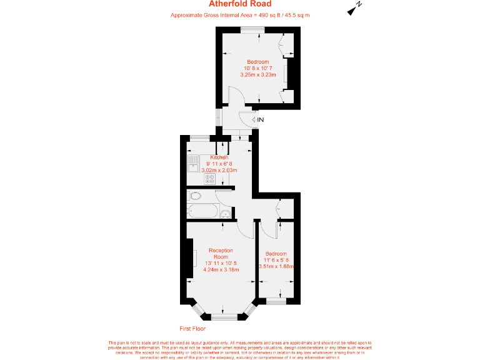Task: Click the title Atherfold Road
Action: pos(240,4)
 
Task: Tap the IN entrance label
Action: pos(261,119)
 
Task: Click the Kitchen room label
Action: pos(219,157)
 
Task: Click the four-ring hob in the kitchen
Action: pos(209,178)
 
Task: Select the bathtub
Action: pos(203,212)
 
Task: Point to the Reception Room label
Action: pos(221,254)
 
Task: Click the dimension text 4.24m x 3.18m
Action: pos(221,270)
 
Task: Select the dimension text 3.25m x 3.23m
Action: pos(257,75)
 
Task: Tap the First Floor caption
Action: pos(192,328)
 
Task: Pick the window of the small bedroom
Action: pos(276,301)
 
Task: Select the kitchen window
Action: pos(199,137)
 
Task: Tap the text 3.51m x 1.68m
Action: pos(276,266)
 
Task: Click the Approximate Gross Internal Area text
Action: pos(240,15)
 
